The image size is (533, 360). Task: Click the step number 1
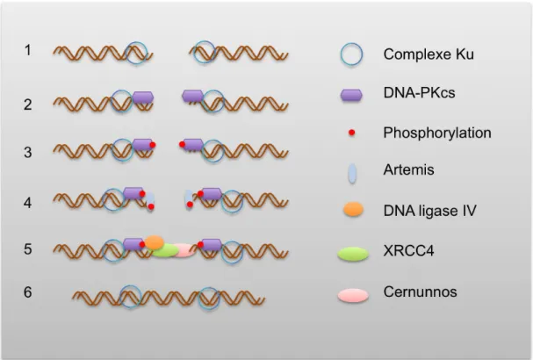click(x=28, y=50)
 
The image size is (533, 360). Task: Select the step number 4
click(x=27, y=203)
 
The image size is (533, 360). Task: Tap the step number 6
click(x=27, y=292)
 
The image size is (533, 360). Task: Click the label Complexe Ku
click(x=429, y=54)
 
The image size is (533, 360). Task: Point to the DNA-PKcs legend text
click(x=419, y=92)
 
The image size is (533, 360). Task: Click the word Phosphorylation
click(x=437, y=133)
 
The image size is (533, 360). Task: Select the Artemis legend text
click(x=408, y=169)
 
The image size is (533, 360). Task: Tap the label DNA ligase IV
click(x=429, y=211)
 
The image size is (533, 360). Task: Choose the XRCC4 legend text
click(x=408, y=251)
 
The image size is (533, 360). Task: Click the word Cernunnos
click(x=420, y=292)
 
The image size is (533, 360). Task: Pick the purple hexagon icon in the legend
click(x=351, y=95)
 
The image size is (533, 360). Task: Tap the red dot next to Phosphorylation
click(x=352, y=133)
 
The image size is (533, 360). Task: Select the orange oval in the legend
click(x=353, y=209)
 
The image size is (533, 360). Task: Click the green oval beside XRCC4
click(x=353, y=254)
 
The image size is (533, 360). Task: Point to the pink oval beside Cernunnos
click(x=353, y=295)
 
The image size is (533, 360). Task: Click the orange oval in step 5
click(x=155, y=242)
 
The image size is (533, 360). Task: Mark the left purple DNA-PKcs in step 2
click(x=143, y=97)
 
